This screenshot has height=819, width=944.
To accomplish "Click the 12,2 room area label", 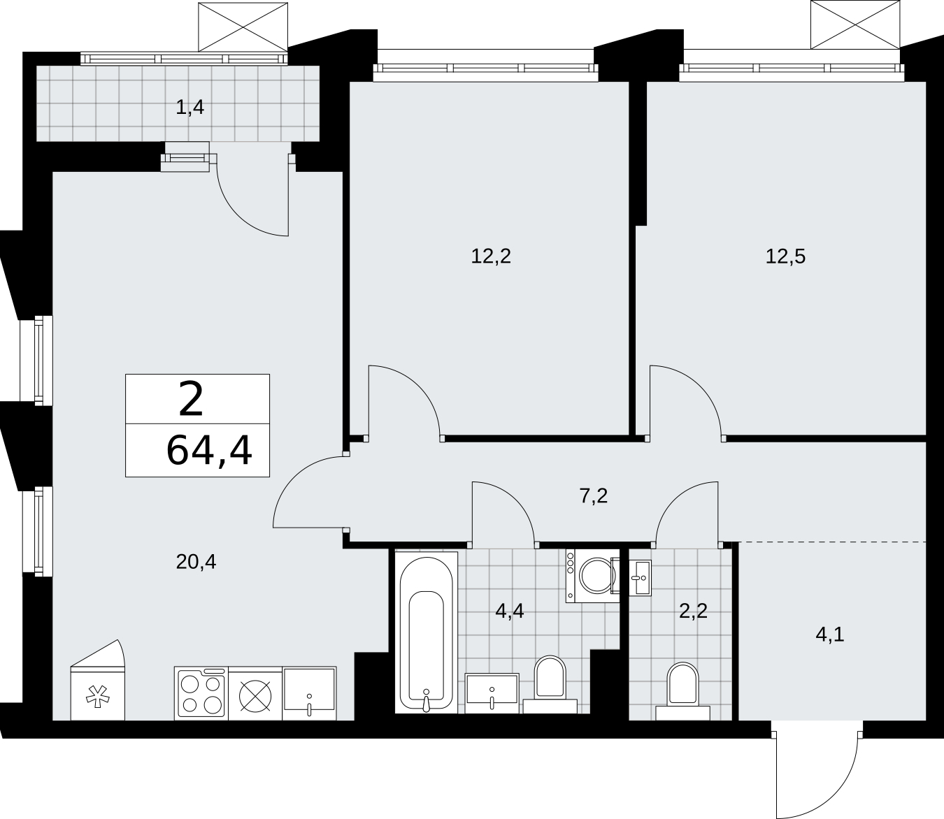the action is pyautogui.click(x=491, y=256).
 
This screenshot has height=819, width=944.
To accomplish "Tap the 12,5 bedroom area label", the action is pyautogui.click(x=785, y=256).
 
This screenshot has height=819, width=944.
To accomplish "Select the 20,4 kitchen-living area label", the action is pyautogui.click(x=196, y=562).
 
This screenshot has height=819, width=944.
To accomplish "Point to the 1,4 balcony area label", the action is pyautogui.click(x=189, y=108).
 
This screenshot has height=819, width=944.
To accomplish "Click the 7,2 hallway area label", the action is pyautogui.click(x=594, y=495).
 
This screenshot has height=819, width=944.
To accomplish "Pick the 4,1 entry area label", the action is pyautogui.click(x=829, y=635).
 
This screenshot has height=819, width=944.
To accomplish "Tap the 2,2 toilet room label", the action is pyautogui.click(x=693, y=611).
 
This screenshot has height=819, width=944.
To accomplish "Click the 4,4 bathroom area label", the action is pyautogui.click(x=509, y=611).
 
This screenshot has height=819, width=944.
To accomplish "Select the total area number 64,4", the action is pyautogui.click(x=209, y=451).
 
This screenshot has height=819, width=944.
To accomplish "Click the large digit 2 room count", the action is pyautogui.click(x=191, y=399).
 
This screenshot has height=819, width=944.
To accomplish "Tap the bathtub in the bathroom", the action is pyautogui.click(x=427, y=632).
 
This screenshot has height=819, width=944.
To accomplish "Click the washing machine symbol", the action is pyautogui.click(x=593, y=576).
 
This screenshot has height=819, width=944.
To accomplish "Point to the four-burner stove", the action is pyautogui.click(x=201, y=693).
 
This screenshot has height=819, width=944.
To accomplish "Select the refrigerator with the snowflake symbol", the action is pyautogui.click(x=98, y=680).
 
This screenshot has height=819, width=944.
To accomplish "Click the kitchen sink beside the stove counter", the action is pyautogui.click(x=309, y=693).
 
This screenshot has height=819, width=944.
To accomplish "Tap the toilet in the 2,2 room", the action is pyautogui.click(x=682, y=691).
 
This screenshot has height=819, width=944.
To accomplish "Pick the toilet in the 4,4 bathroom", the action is pyautogui.click(x=550, y=684).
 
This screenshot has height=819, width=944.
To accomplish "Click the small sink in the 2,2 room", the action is pyautogui.click(x=641, y=578).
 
